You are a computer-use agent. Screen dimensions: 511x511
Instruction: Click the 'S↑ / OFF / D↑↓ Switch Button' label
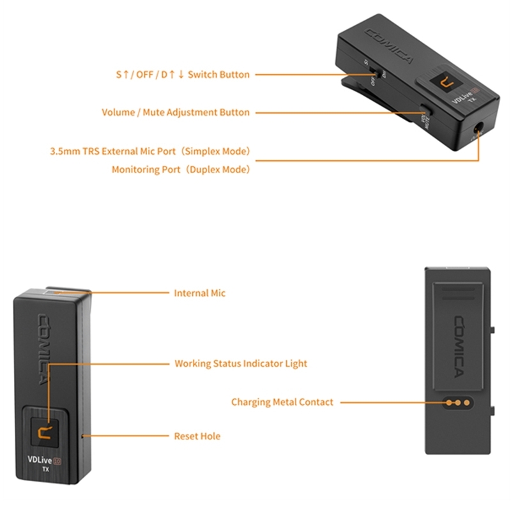point(183,74)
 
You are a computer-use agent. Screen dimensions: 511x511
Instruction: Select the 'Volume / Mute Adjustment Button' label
point(176,112)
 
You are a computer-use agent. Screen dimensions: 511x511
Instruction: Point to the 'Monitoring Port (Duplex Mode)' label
point(181,170)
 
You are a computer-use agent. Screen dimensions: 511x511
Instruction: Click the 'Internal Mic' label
point(200,293)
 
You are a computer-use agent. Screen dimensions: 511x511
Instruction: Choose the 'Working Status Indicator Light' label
point(241,363)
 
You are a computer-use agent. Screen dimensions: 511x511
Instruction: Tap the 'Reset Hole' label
point(197,436)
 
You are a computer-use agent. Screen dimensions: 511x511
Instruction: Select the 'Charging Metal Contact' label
point(282,402)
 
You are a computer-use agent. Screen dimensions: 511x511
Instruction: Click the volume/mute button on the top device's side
point(424,112)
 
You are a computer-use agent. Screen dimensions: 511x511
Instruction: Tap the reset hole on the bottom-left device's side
point(84,436)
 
